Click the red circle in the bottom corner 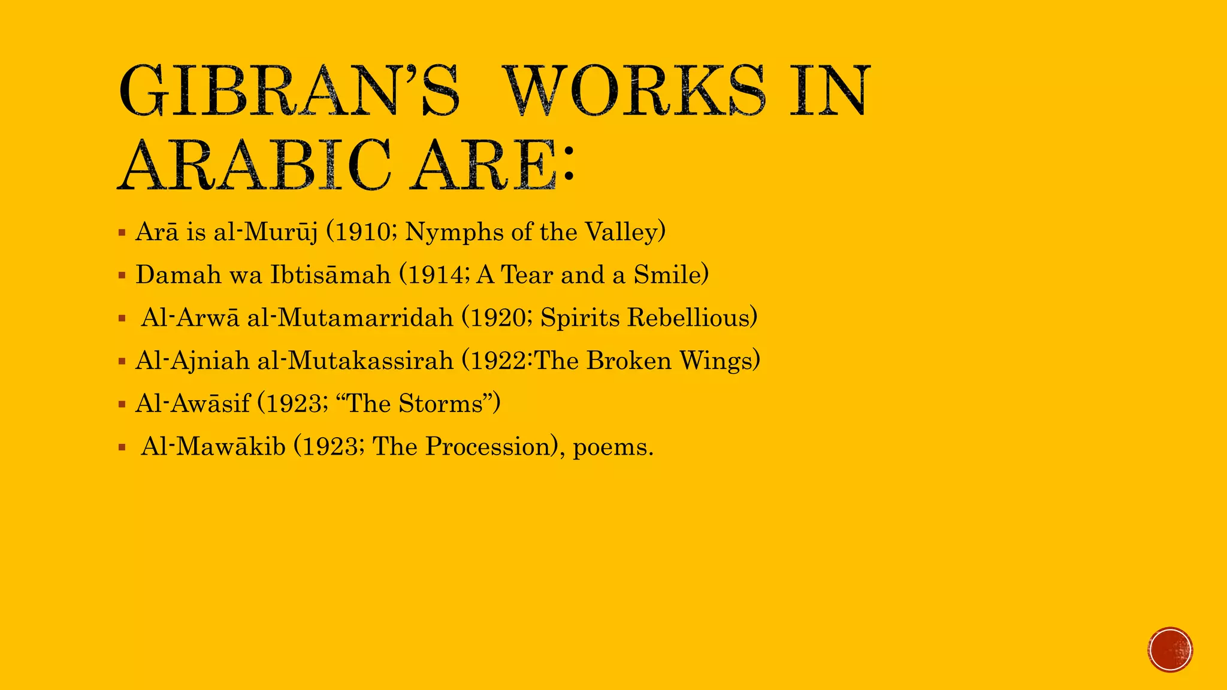[1170, 650]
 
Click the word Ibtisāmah [330, 275]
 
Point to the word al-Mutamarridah [350, 318]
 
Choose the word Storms [440, 404]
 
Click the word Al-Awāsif [192, 404]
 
